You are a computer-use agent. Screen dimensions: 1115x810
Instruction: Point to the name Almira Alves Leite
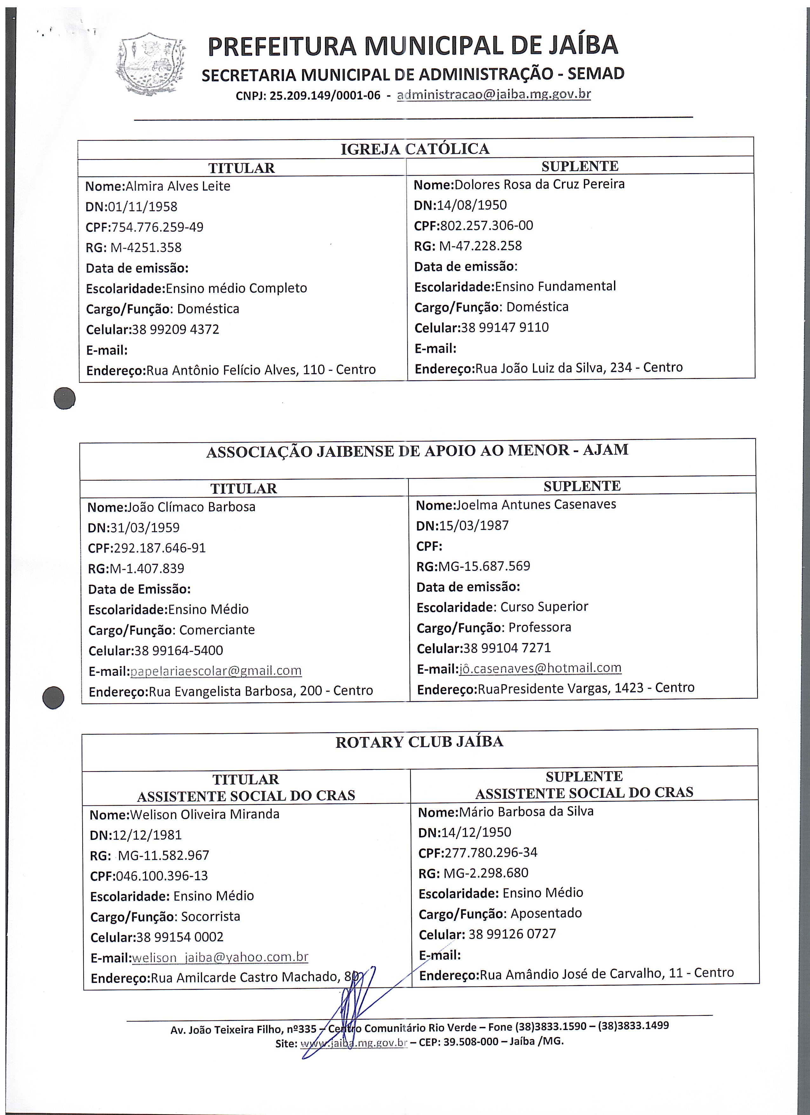coord(178,186)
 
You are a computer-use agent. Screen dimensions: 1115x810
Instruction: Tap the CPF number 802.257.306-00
coord(486,226)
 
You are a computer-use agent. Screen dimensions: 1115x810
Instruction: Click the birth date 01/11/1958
coord(143,207)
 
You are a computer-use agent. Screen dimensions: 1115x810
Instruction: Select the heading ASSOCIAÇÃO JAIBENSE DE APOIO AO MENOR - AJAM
coord(417,451)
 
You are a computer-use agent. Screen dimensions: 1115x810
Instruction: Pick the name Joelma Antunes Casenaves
coord(536,504)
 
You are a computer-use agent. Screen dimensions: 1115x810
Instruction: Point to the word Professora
coord(540,627)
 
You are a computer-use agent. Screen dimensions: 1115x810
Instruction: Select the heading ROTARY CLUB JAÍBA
coord(419,742)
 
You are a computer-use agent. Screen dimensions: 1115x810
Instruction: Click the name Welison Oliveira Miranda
coord(205,814)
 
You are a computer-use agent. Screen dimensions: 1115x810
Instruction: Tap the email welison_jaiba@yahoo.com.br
coord(220,957)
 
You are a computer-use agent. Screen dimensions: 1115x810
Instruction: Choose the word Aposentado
coord(546,913)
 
